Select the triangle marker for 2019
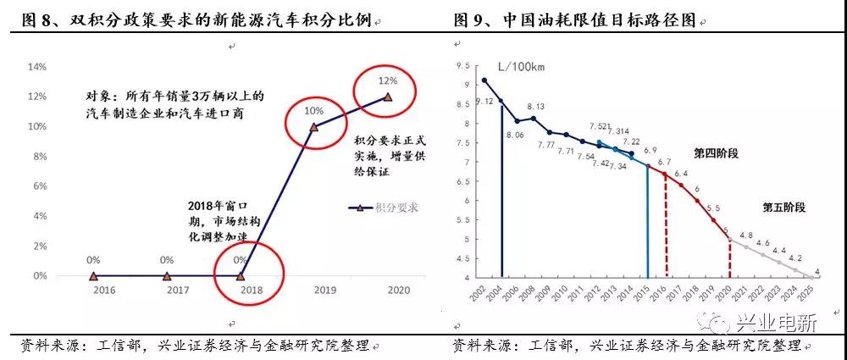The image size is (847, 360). coord(314,127)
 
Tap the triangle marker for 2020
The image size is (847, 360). coord(388,97)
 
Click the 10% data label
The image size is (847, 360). coord(314,110)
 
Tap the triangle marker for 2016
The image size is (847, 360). coord(93,275)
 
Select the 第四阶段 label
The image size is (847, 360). coord(717,153)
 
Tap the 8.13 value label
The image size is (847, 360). coord(535,107)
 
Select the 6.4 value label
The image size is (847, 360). coord(680,174)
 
